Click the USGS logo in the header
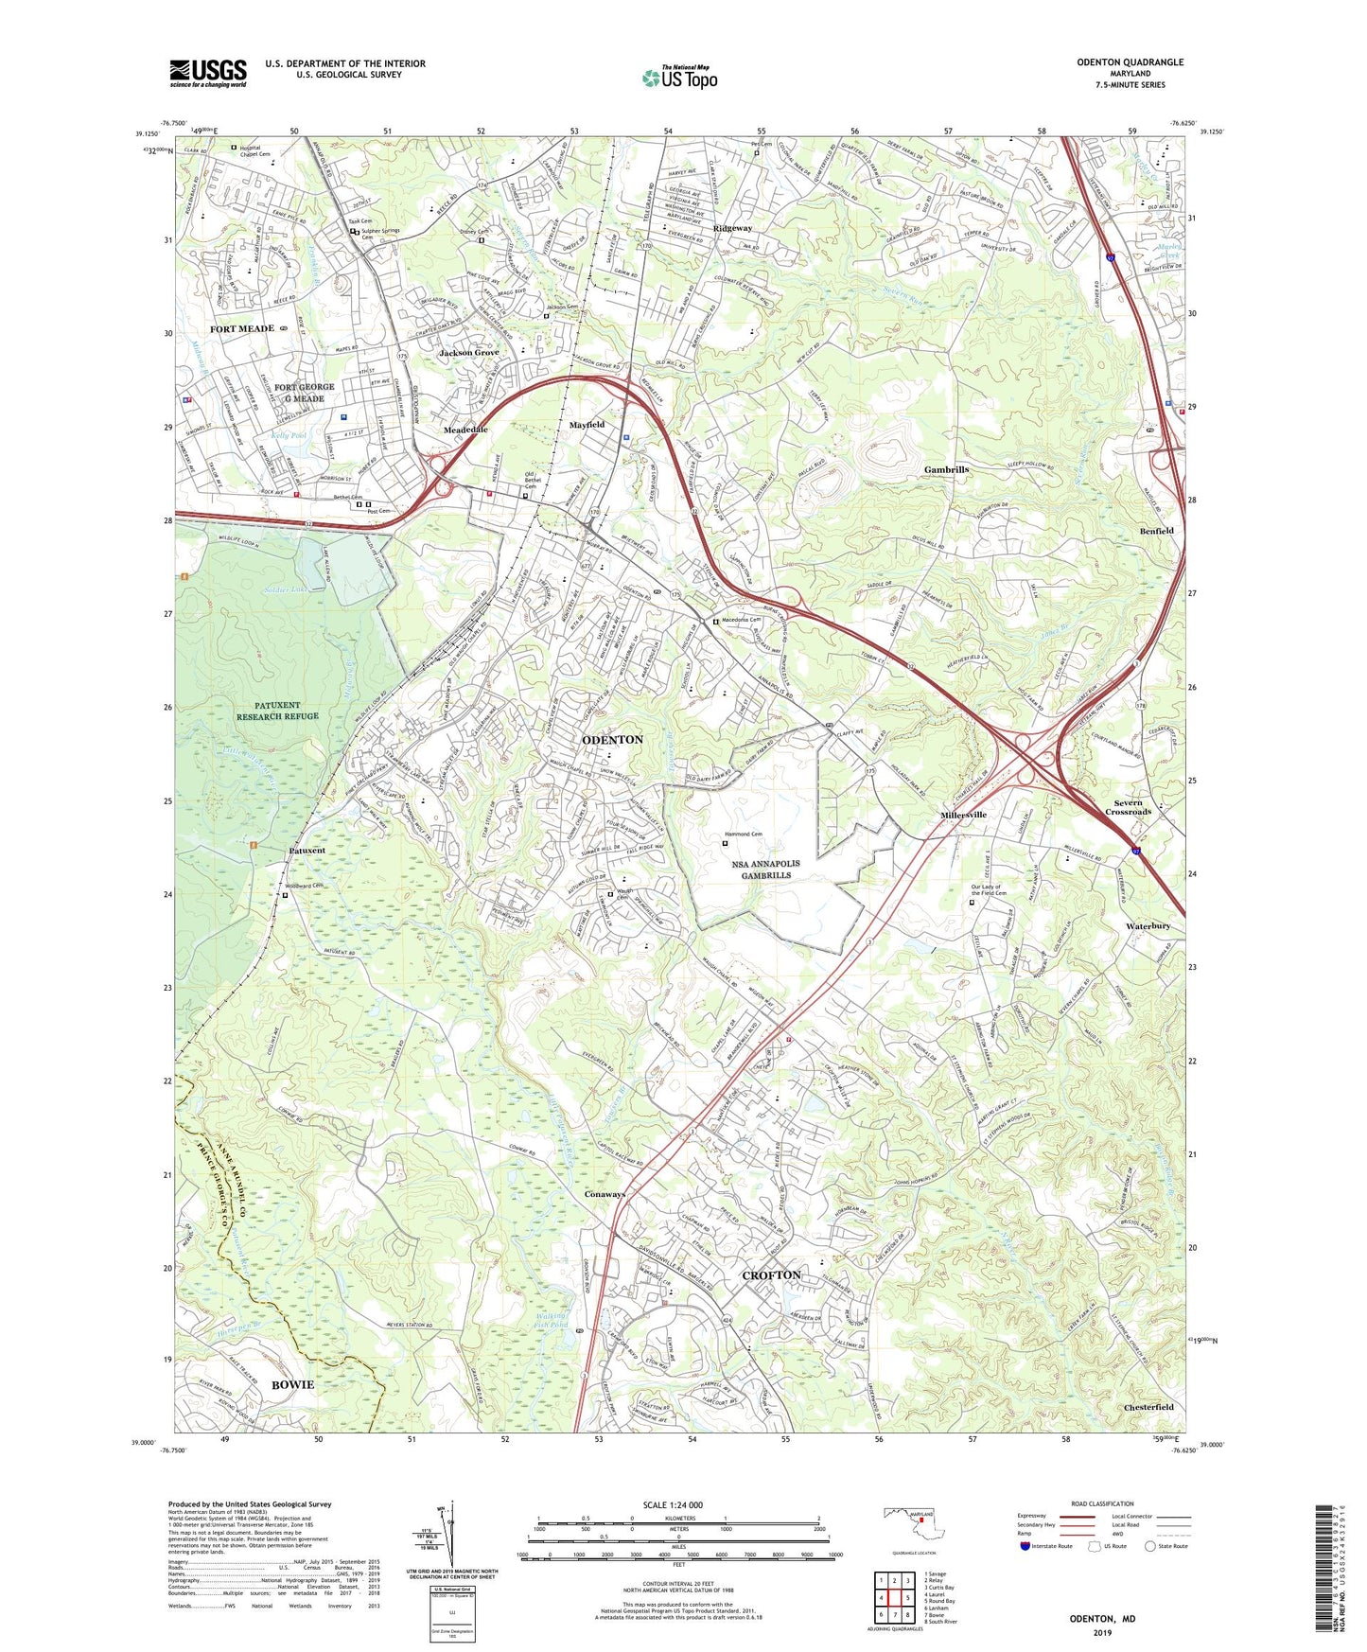pos(207,73)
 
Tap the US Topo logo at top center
pos(679,78)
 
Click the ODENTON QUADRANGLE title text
pos(1130,62)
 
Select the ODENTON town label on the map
pos(612,739)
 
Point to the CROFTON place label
pos(771,1274)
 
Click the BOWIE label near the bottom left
pos(292,1384)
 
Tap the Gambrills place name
pos(946,469)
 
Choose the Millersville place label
pos(963,815)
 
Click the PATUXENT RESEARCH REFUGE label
pos(278,711)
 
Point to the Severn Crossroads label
pos(1128,807)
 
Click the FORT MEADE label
pos(242,328)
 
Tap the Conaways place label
pos(605,1194)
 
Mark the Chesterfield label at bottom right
pos(1148,1407)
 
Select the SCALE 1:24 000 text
pos(673,1504)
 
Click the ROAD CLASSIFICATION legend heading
pos(1102,1503)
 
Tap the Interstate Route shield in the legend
pos(1025,1546)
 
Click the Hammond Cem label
pos(745,834)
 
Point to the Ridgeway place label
pos(732,228)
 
